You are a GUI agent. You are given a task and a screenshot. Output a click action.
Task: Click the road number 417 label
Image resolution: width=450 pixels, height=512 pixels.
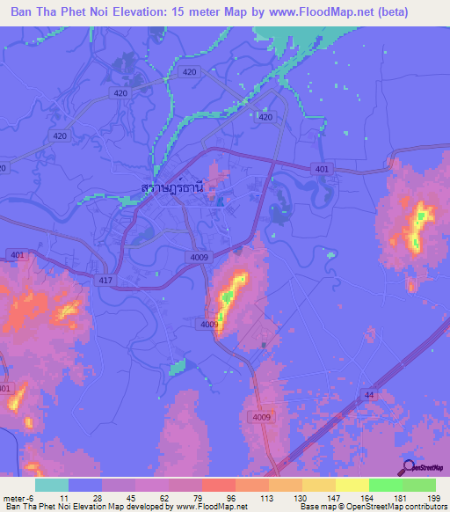pyautogui.click(x=105, y=280)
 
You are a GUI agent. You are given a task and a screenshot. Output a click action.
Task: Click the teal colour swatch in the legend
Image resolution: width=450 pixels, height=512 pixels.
pyautogui.click(x=52, y=485)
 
